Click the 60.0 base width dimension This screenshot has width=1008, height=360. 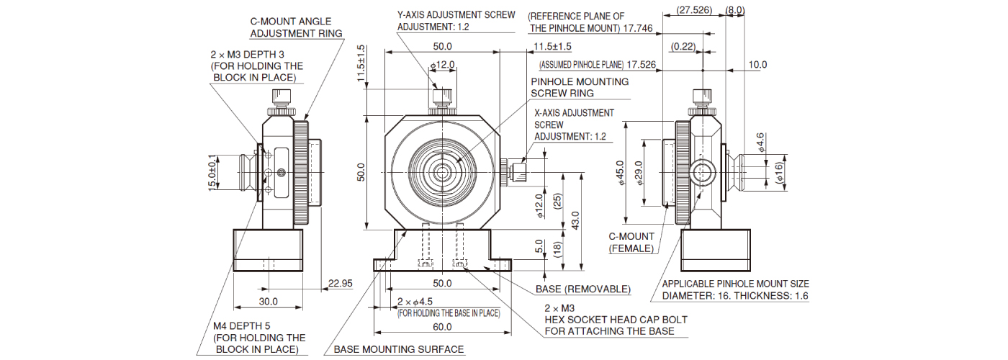click(x=442, y=327)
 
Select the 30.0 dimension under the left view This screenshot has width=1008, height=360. click(x=269, y=302)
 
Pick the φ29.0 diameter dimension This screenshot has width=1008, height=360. click(x=640, y=173)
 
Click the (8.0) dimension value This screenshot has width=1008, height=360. click(x=735, y=11)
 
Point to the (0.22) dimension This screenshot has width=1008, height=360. click(x=682, y=47)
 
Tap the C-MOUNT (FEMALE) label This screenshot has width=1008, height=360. click(x=631, y=242)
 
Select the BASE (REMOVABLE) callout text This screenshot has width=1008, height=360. click(x=582, y=289)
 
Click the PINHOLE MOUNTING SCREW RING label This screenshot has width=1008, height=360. click(x=579, y=87)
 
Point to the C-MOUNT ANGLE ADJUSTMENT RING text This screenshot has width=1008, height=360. click(x=296, y=27)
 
